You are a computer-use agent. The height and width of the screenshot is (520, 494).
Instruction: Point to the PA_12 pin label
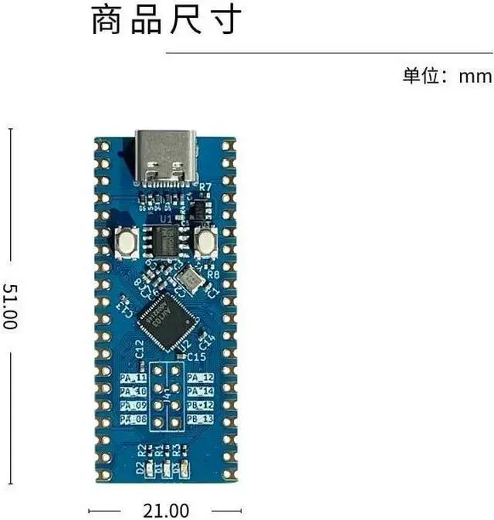(201, 378)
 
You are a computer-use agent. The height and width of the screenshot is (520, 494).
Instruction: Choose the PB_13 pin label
(201, 419)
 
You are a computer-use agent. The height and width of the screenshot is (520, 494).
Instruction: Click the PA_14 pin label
(201, 392)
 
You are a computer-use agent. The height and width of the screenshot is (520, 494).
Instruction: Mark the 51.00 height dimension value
(10, 307)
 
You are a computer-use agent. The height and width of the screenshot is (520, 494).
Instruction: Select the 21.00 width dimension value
(166, 511)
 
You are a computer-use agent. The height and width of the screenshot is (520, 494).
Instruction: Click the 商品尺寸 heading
(167, 21)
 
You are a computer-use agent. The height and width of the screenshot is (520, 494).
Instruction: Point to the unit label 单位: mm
(447, 76)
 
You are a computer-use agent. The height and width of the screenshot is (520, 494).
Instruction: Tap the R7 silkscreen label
(205, 188)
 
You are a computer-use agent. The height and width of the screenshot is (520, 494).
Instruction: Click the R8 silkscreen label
(214, 274)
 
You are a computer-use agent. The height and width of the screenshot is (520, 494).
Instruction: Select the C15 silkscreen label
(197, 356)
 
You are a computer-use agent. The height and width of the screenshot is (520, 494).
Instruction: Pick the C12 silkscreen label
(140, 348)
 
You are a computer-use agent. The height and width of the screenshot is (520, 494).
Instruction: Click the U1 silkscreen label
(165, 219)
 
